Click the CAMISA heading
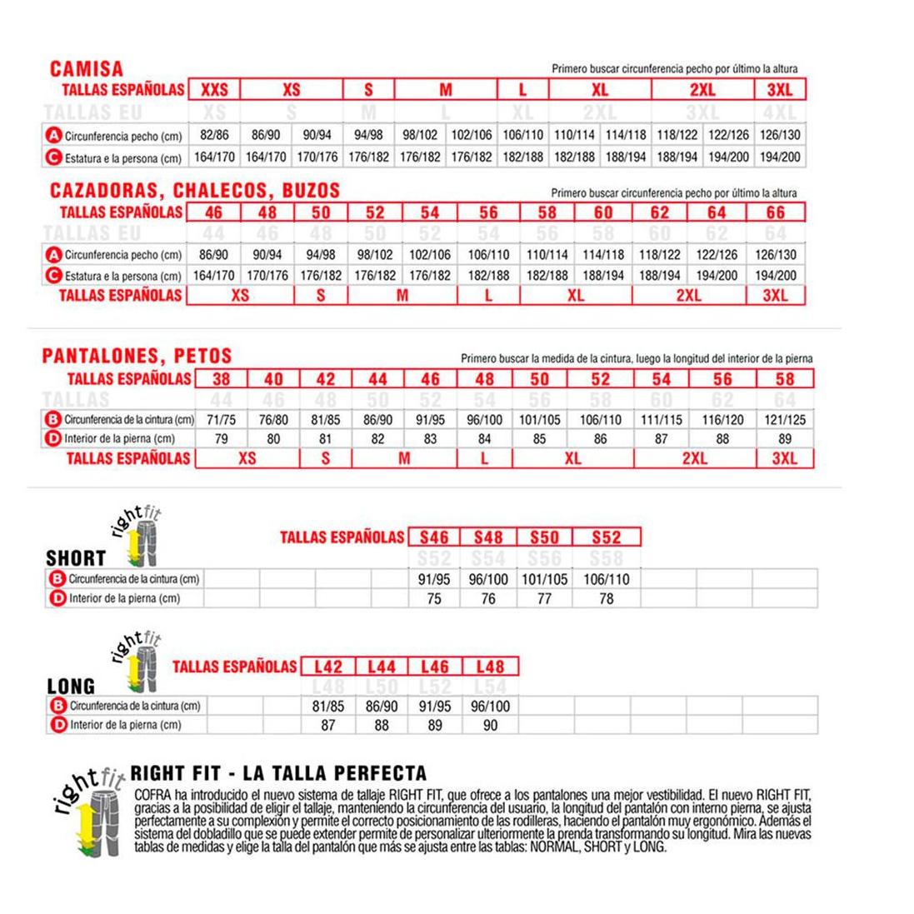pos(86,69)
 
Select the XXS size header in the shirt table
pos(214,90)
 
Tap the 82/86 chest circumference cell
pos(214,135)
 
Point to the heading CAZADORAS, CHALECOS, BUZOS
pos(195,191)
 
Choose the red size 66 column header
pos(776,212)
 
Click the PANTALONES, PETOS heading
pos(137,357)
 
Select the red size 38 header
pos(221,379)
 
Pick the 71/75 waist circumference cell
pos(221,420)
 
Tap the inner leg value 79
pos(221,439)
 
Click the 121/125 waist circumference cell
pos(785,420)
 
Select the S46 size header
pos(434,537)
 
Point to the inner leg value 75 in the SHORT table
pos(434,598)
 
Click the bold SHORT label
pos(76,558)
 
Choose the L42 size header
pos(328,667)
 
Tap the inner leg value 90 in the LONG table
pos(490,725)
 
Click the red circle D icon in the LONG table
pos(58,725)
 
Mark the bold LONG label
pos(71,687)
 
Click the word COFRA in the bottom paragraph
pos(150,796)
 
